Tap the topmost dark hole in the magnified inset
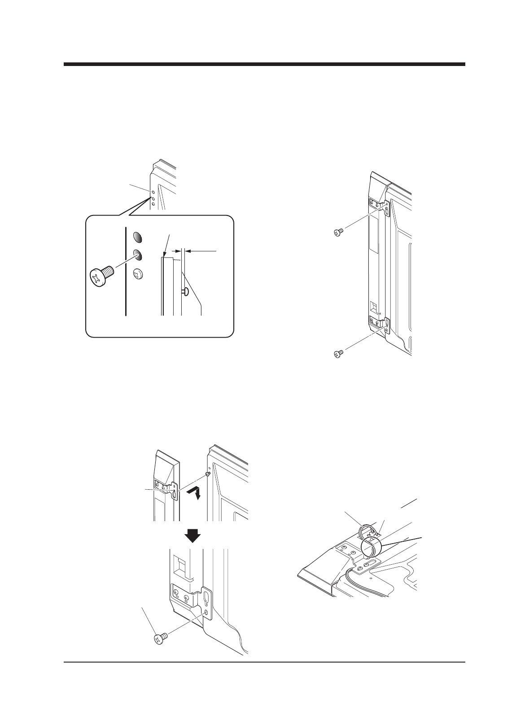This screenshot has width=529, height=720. point(138,237)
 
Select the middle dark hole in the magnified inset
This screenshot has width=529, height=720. point(138,255)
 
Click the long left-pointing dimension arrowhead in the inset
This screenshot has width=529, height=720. point(191,250)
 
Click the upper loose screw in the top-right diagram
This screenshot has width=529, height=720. point(339,232)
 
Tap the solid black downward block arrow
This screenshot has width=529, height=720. point(193,535)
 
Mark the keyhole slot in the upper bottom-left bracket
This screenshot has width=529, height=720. point(174,492)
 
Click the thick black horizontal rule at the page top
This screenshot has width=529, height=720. point(264,64)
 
